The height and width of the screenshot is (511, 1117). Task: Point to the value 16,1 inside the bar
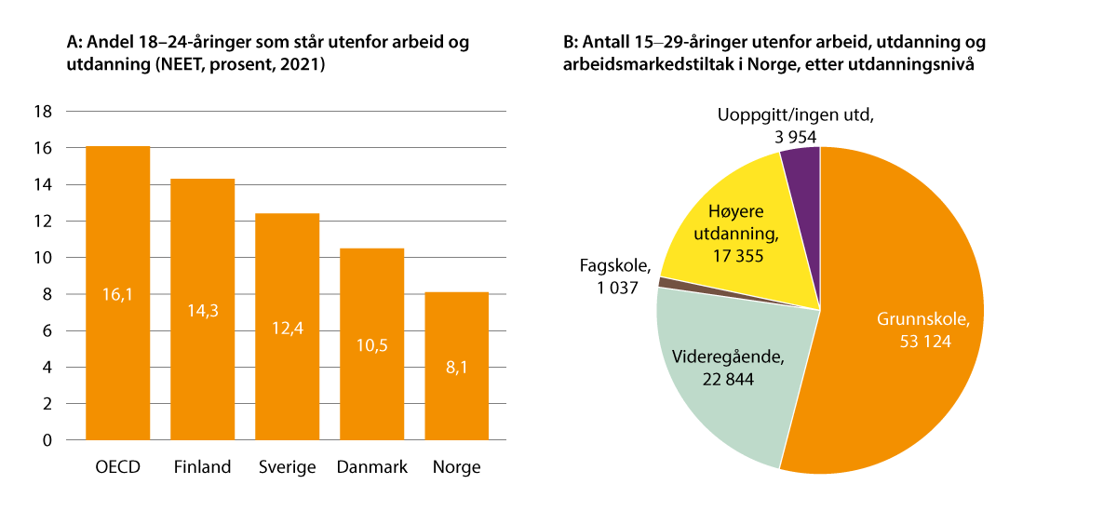coord(117,294)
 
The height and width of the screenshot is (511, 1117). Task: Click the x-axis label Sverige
coord(287,467)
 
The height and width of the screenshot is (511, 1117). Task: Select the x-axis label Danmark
coord(371,467)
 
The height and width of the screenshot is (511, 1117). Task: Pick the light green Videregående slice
coord(717,372)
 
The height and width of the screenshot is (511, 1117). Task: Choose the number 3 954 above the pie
coord(796,136)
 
